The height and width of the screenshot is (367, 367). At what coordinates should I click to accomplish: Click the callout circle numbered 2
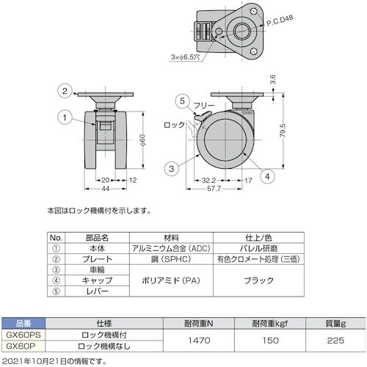click(x=65, y=91)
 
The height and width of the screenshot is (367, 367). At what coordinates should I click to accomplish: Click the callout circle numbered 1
click(x=65, y=117)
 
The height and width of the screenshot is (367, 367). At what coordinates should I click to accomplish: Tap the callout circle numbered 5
click(x=182, y=101)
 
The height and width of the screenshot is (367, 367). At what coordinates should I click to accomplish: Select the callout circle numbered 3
click(x=172, y=169)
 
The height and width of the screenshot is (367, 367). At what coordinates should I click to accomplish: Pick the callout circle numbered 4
click(x=267, y=176)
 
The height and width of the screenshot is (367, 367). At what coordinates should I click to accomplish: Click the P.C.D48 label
click(x=280, y=21)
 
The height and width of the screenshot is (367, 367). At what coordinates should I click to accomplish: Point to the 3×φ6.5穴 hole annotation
click(x=186, y=57)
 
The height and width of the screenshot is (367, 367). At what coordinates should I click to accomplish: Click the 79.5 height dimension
click(x=283, y=131)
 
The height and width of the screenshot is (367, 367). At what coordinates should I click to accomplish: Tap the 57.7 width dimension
click(x=214, y=189)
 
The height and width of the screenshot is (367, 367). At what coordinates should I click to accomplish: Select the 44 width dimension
click(x=105, y=189)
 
